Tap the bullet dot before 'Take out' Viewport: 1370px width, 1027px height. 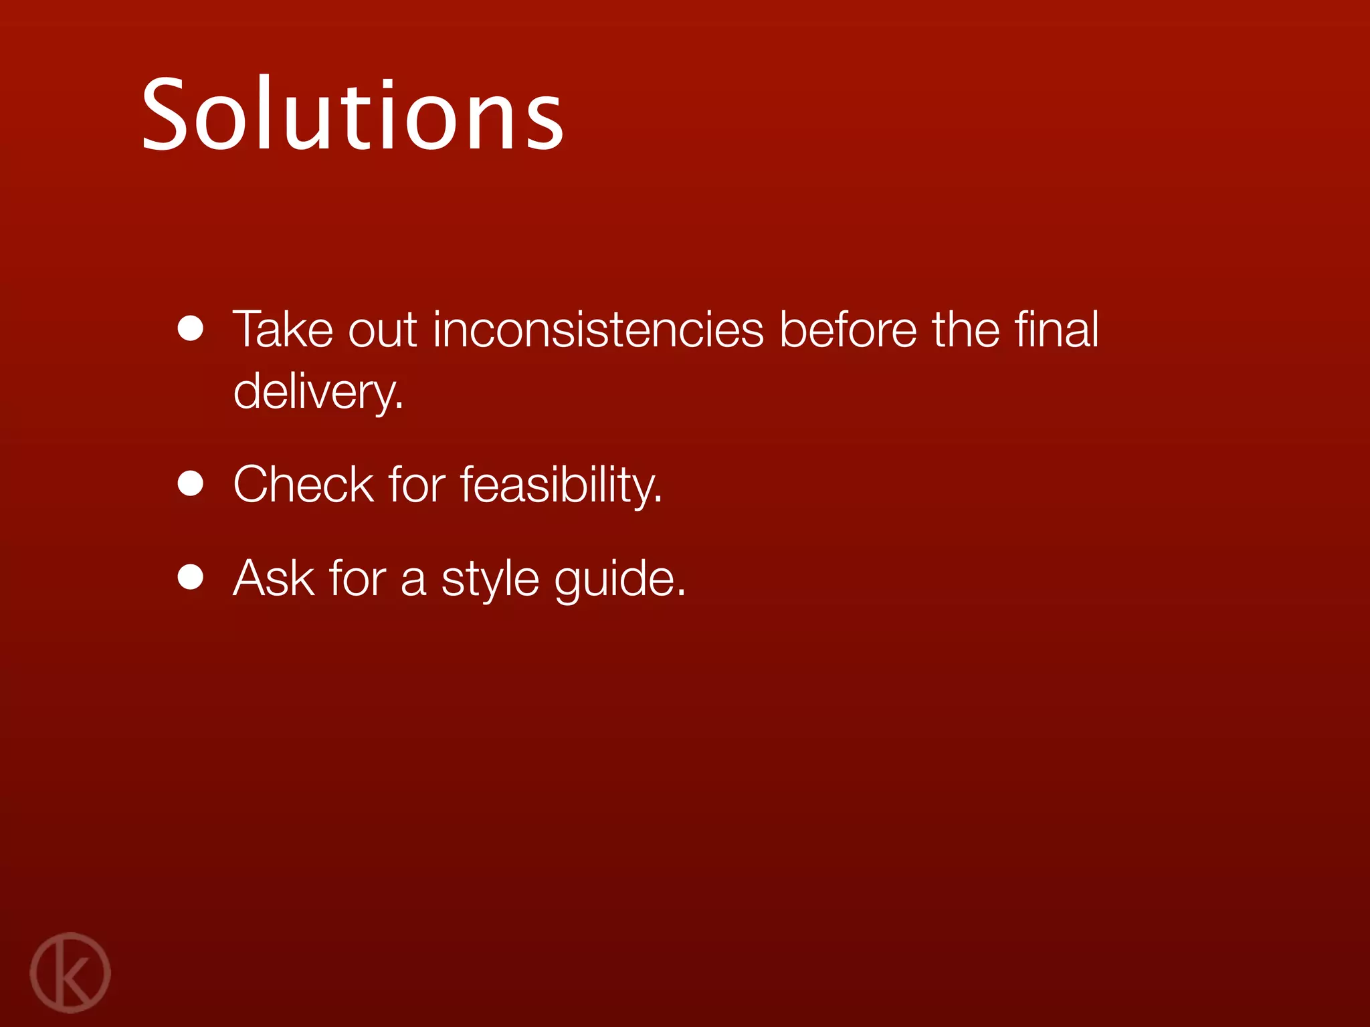[191, 328]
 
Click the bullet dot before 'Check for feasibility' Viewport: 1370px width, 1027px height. [191, 483]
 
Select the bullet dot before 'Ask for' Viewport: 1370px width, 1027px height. [191, 577]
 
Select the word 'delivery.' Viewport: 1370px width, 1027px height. [318, 392]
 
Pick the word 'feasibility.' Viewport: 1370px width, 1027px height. [561, 485]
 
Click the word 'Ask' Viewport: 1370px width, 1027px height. [273, 578]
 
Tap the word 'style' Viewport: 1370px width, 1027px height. [490, 579]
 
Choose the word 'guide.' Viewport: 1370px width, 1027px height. [619, 579]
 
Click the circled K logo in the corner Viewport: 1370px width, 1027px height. [70, 972]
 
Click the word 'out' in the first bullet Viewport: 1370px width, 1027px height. [383, 330]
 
